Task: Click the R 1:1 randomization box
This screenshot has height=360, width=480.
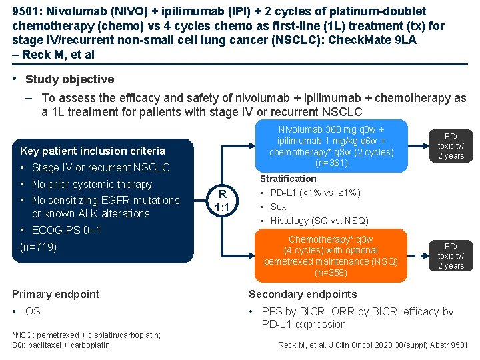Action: (223, 201)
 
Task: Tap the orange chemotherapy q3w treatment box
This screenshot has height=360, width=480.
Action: (331, 256)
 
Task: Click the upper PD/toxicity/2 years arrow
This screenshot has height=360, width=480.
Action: (451, 146)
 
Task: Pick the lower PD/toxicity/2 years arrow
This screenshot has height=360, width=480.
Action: (451, 256)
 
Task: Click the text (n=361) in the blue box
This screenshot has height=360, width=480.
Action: (331, 163)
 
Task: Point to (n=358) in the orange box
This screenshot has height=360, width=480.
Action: (331, 273)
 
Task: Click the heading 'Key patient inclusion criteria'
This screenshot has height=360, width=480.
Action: (93, 151)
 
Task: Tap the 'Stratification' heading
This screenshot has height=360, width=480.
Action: (288, 179)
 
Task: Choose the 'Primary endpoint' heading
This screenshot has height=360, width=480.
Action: (56, 294)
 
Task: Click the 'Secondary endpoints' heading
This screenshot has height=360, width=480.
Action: (303, 294)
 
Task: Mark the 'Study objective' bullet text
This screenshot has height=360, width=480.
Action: (69, 79)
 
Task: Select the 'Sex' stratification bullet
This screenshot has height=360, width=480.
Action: (279, 207)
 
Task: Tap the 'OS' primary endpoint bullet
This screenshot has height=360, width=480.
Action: (33, 311)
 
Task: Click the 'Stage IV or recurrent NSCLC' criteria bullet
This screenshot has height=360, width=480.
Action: (101, 167)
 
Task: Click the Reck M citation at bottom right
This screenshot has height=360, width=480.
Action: (373, 345)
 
